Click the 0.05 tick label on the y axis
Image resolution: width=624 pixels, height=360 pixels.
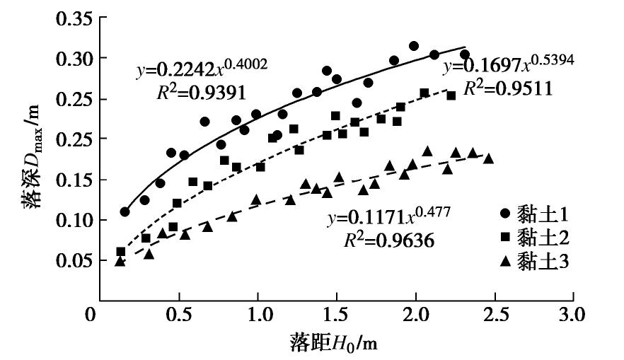72,261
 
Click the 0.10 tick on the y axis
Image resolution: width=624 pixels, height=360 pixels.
72,221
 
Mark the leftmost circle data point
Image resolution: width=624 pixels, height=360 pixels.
125,211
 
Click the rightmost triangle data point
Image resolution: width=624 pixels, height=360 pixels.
488,158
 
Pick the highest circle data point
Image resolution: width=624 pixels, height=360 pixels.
414,46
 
